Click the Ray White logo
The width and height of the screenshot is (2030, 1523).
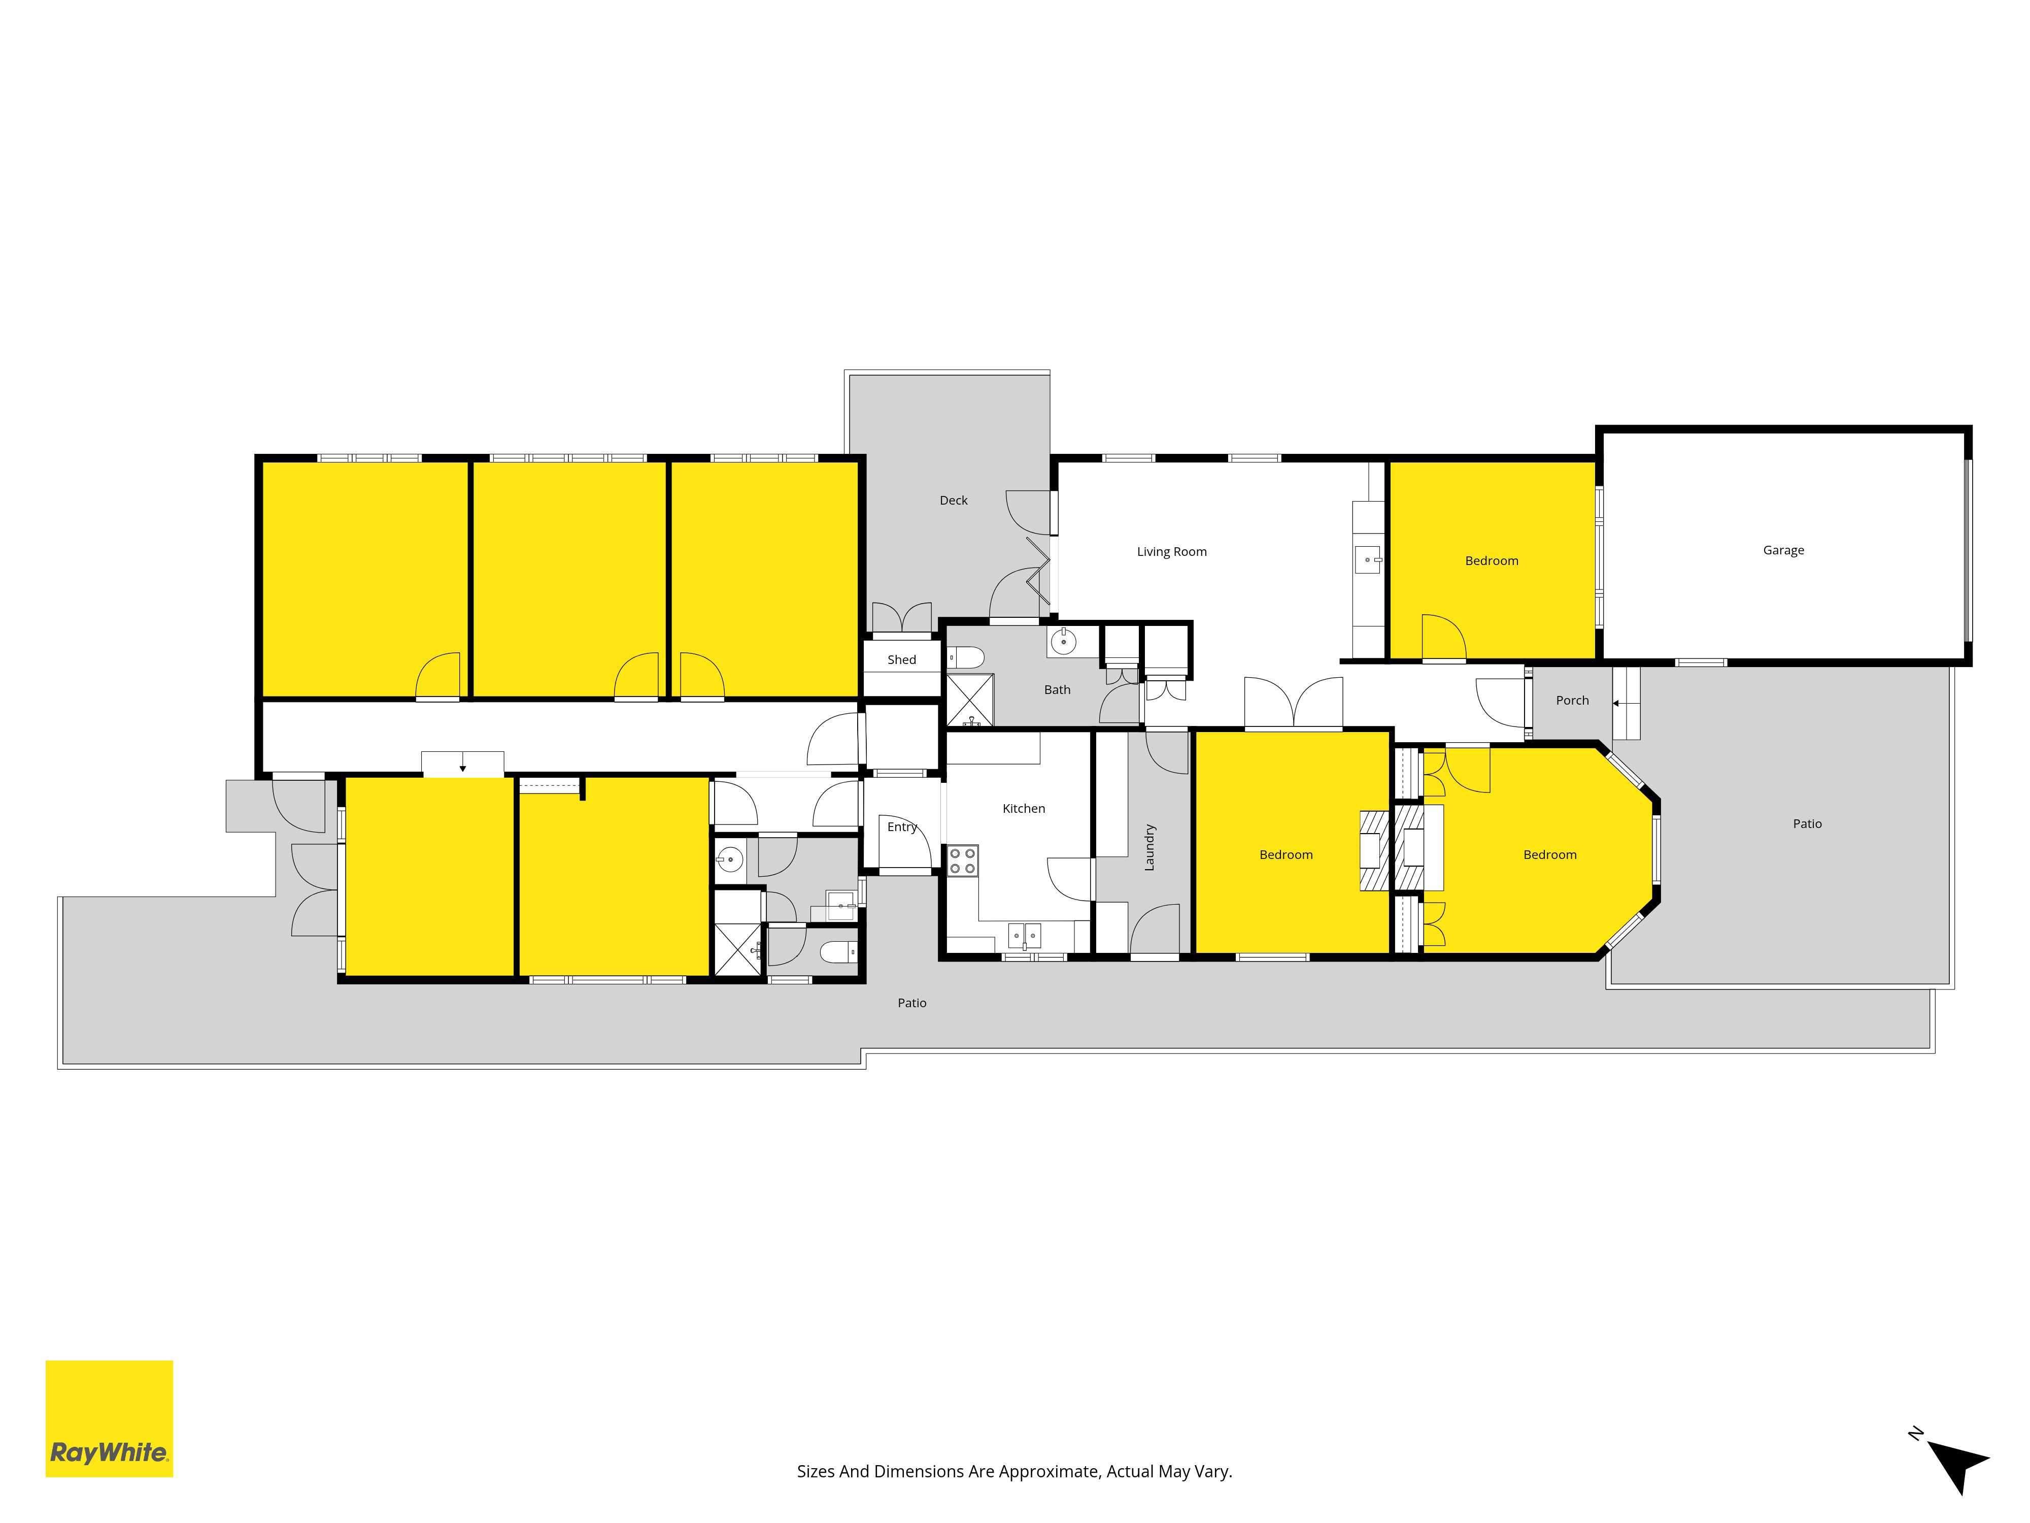pos(109,1418)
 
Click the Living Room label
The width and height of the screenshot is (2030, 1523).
pos(1172,552)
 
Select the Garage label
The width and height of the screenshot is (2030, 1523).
pos(1783,550)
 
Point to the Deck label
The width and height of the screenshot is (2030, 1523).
pos(954,501)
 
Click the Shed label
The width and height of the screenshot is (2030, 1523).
pos(901,659)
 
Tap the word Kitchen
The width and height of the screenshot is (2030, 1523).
pos(1023,808)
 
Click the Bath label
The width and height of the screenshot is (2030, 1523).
pos(1057,689)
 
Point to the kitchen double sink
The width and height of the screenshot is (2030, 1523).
pos(1024,936)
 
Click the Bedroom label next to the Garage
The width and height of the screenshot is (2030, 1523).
pos(1492,561)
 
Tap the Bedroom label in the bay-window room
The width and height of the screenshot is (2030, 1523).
pos(1550,855)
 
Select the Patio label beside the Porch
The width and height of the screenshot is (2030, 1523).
pos(1807,823)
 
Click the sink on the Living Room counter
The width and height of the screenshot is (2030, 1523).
pos(1367,559)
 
